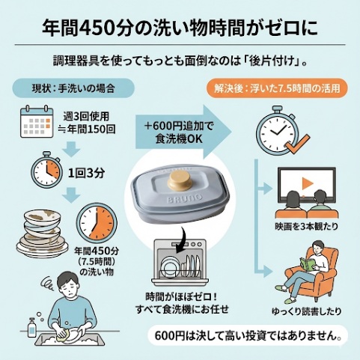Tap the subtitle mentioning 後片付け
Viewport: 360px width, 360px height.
tap(180, 60)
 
